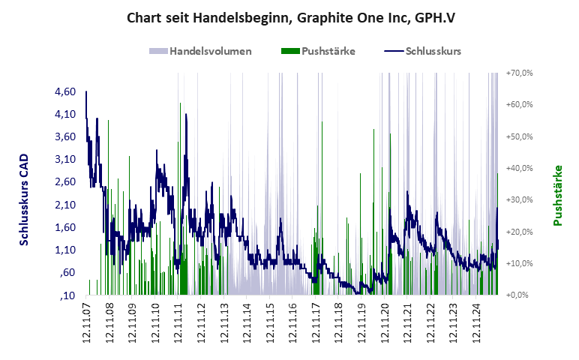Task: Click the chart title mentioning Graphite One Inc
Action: pyautogui.click(x=289, y=16)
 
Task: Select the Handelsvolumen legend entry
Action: pyautogui.click(x=200, y=51)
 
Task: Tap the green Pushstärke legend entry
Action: pyautogui.click(x=318, y=51)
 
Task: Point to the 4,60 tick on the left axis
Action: pyautogui.click(x=66, y=91)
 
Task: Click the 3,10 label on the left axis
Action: pyautogui.click(x=66, y=159)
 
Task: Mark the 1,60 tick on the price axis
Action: pyautogui.click(x=66, y=227)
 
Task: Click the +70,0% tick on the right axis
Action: pyautogui.click(x=519, y=73)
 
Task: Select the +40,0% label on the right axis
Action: pyautogui.click(x=519, y=169)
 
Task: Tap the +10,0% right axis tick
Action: pyautogui.click(x=519, y=263)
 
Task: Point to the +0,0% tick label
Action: pyautogui.click(x=520, y=295)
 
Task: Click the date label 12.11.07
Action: pyautogui.click(x=86, y=323)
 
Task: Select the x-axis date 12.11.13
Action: pyautogui.click(x=224, y=323)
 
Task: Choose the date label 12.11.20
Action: pyautogui.click(x=385, y=323)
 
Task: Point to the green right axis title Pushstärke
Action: pyautogui.click(x=557, y=196)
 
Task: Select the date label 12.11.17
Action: pyautogui.click(x=316, y=323)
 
